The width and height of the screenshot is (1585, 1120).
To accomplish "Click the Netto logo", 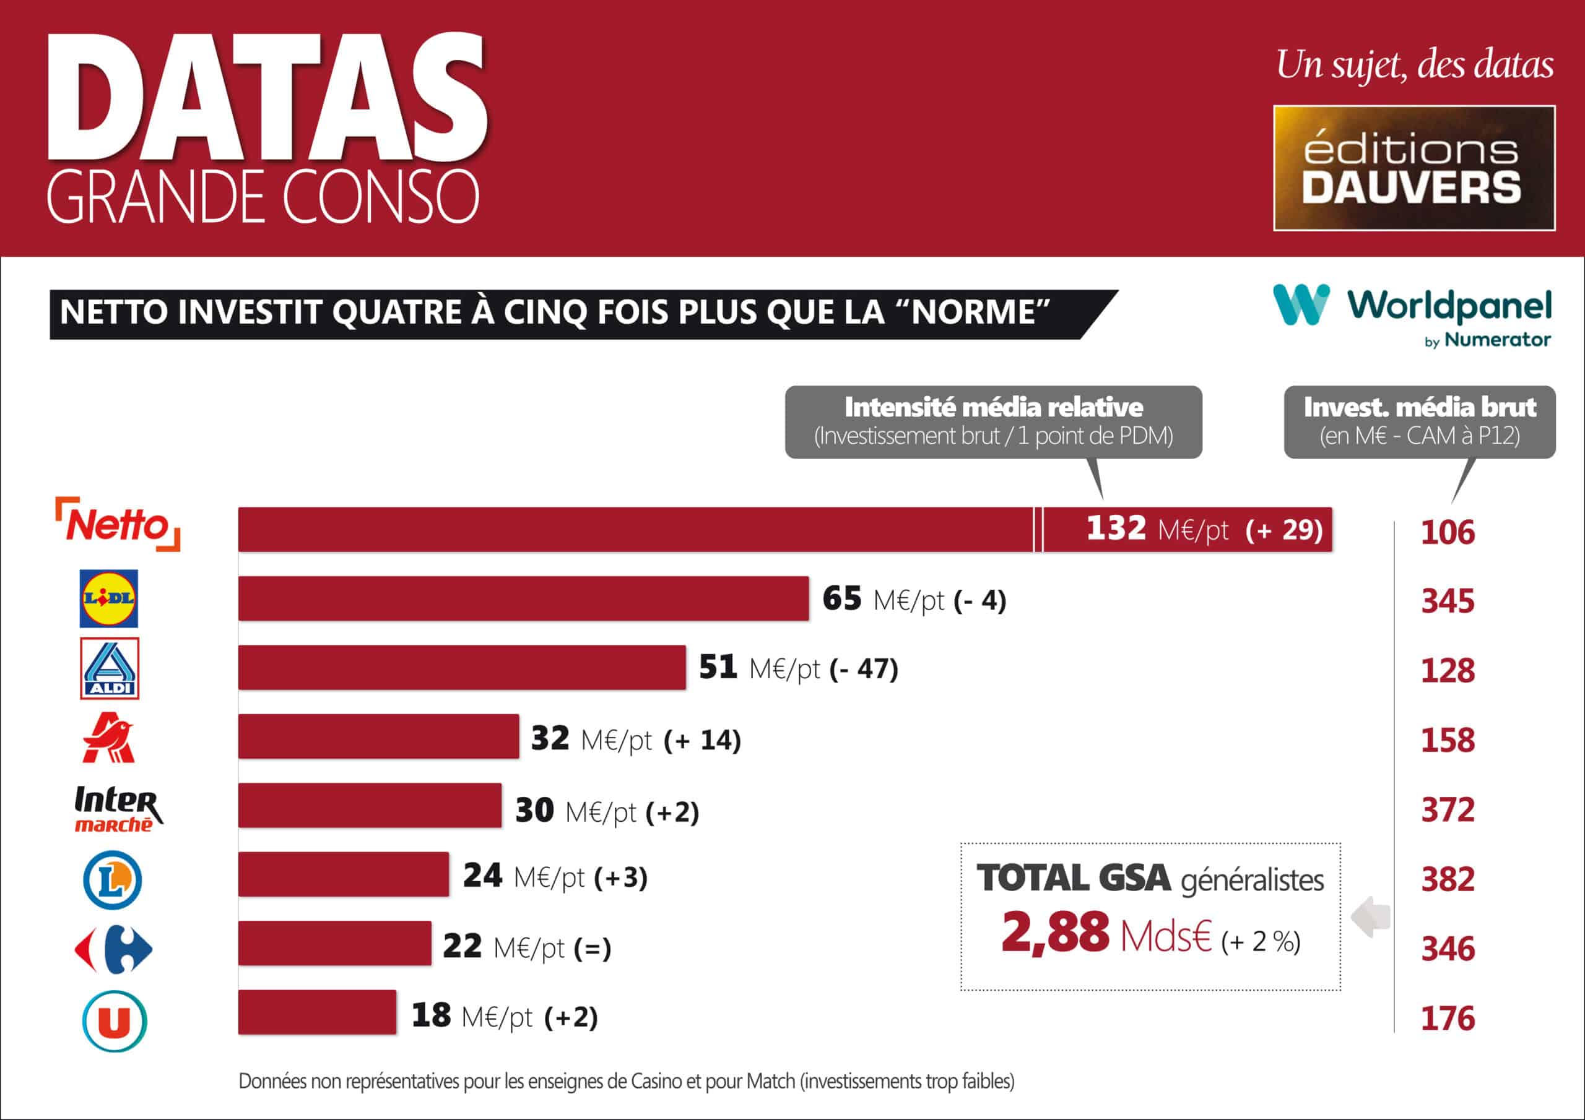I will pyautogui.click(x=118, y=525).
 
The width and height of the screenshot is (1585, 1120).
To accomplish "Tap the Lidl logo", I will pyautogui.click(x=109, y=598).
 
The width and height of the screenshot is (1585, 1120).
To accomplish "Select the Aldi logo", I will pyautogui.click(x=110, y=668).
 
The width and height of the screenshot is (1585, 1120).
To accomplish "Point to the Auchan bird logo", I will pyautogui.click(x=109, y=738).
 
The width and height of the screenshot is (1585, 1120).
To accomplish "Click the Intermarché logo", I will pyautogui.click(x=118, y=808).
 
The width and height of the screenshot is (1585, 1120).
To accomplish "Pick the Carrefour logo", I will pyautogui.click(x=114, y=949).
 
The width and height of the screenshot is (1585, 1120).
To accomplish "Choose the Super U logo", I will pyautogui.click(x=115, y=1020).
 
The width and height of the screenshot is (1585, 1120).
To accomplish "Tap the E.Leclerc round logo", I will pyautogui.click(x=113, y=880).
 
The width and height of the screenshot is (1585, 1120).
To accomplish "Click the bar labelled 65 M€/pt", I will pyautogui.click(x=523, y=598).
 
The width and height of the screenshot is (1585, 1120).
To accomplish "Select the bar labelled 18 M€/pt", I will pyautogui.click(x=318, y=1012).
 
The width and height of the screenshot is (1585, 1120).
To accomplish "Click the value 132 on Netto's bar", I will pyautogui.click(x=1116, y=528).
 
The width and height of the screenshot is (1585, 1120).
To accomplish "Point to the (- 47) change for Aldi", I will pyautogui.click(x=864, y=669).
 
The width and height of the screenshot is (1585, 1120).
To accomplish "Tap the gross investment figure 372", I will pyautogui.click(x=1448, y=810).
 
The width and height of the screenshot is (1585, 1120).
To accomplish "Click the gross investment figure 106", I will pyautogui.click(x=1448, y=533).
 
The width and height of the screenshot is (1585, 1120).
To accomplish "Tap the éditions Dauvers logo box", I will pyautogui.click(x=1413, y=168).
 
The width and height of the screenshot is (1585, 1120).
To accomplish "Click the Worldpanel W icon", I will pyautogui.click(x=1301, y=304).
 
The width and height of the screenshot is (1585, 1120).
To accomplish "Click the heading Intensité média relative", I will pyautogui.click(x=993, y=407).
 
